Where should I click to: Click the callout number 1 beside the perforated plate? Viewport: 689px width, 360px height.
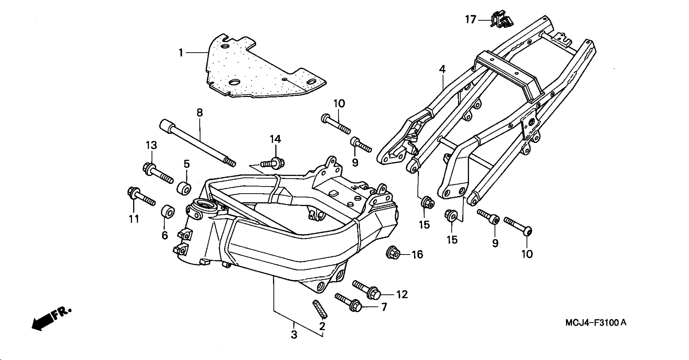(x=181, y=53)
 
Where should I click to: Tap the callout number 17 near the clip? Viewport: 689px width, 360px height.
(x=470, y=19)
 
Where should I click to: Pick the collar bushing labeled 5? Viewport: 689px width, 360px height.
(x=184, y=188)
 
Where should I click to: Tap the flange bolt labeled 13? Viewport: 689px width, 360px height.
(x=158, y=173)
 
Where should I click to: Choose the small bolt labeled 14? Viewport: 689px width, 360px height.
(x=273, y=163)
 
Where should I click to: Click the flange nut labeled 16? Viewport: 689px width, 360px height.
(x=393, y=252)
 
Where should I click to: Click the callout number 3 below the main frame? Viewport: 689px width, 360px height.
(x=294, y=335)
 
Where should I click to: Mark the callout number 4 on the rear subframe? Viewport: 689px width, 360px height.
(x=442, y=69)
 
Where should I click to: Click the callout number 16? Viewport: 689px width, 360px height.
(x=418, y=254)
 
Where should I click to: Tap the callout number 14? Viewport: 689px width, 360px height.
(x=275, y=139)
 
